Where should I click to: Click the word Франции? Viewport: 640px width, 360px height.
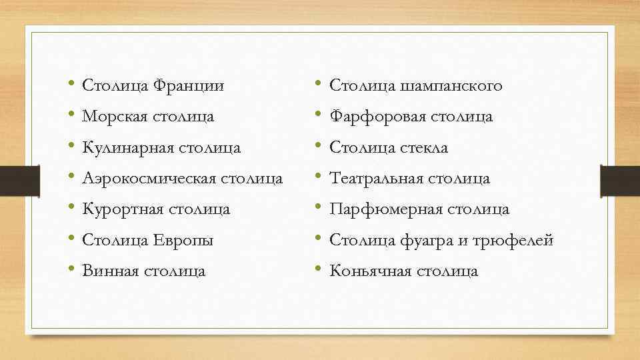click(x=189, y=86)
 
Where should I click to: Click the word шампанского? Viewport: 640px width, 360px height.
click(x=452, y=86)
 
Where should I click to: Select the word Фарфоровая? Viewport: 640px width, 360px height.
click(x=377, y=117)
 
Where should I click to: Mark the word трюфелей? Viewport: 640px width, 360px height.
click(x=513, y=240)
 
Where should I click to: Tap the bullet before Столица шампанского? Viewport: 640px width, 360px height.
click(x=318, y=85)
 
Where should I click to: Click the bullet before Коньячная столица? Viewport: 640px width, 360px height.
click(x=318, y=270)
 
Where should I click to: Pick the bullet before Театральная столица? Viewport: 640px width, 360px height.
click(x=318, y=178)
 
